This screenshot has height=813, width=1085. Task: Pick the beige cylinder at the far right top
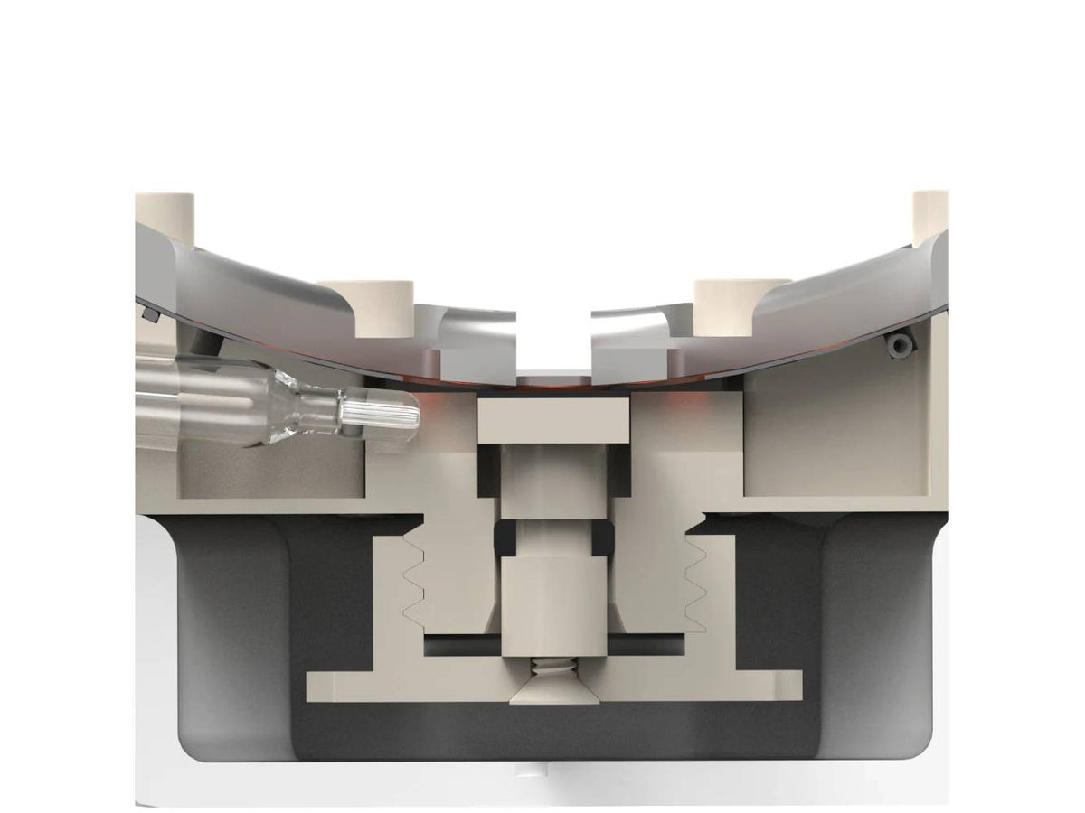[x=929, y=215]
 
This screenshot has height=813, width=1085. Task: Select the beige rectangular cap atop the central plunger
[x=553, y=421]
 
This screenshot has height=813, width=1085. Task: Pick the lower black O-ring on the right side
[x=603, y=539]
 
